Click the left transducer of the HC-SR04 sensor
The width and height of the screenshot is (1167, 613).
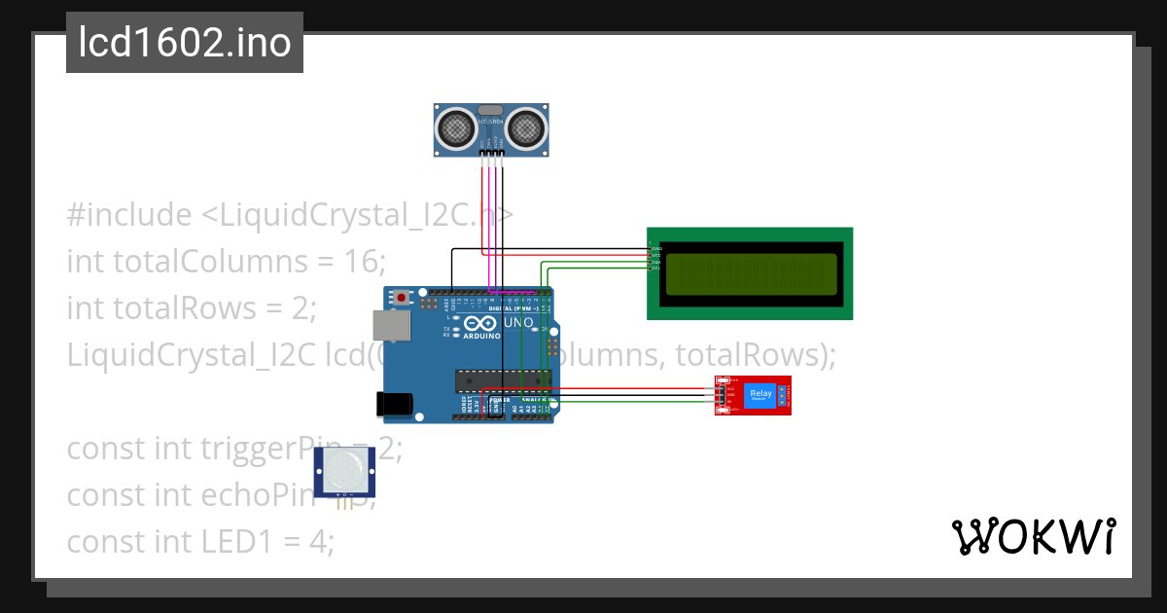point(454,126)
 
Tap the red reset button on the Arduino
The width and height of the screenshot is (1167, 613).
point(400,297)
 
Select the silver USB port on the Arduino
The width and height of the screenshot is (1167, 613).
point(391,326)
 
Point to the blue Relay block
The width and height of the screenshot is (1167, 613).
point(761,395)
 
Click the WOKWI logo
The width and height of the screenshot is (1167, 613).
point(1033,537)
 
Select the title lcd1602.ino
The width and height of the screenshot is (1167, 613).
point(185,43)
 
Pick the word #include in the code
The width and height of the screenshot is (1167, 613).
point(129,214)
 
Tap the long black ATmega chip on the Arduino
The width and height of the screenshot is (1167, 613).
point(503,379)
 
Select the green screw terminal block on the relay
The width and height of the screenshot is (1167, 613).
point(787,395)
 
